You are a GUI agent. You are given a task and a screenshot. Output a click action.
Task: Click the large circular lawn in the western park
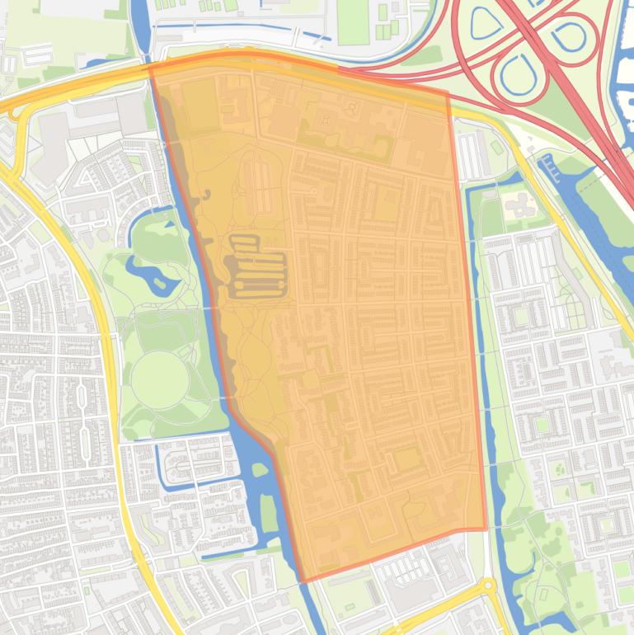159,379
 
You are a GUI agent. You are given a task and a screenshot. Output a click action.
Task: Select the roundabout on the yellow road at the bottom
486,586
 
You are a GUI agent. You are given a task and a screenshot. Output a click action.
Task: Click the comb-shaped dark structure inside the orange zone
257,266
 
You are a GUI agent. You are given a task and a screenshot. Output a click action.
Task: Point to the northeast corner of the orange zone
448,92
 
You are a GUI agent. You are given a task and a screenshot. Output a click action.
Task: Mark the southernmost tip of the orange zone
304,581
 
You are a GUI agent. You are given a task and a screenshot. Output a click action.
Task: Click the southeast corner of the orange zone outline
486,529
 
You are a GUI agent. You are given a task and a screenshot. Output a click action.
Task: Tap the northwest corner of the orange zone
151,66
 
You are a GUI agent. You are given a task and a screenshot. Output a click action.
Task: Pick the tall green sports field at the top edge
353,22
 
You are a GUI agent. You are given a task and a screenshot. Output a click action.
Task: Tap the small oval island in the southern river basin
261,470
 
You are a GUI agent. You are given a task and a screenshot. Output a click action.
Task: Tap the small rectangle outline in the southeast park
543,594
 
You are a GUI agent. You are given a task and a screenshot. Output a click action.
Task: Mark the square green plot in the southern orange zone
406,459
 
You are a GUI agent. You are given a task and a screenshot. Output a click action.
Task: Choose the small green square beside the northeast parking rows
496,147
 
